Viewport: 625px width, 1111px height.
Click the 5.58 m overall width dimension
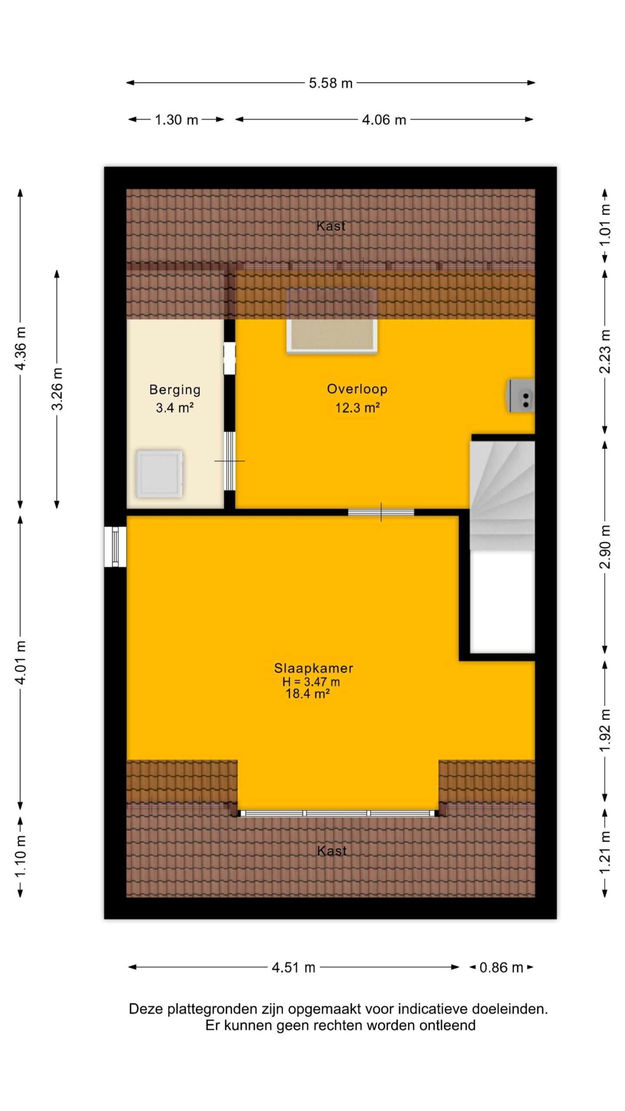click(x=330, y=83)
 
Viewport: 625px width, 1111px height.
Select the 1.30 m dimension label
click(x=176, y=120)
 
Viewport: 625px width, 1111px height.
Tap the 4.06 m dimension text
click(x=384, y=120)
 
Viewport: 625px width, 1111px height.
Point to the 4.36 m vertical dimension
click(x=20, y=348)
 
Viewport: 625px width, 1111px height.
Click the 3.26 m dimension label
click(x=57, y=389)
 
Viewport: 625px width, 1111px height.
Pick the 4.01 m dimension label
click(x=20, y=662)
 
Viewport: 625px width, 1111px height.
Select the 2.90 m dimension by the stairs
click(x=605, y=547)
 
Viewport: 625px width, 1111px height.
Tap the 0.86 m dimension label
click(x=501, y=967)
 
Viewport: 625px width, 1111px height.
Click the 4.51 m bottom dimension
click(x=293, y=967)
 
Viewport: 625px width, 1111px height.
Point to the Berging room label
click(x=175, y=390)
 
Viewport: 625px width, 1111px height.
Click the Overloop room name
click(x=357, y=389)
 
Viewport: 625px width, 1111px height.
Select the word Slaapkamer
click(x=313, y=668)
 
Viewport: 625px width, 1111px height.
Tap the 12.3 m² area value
click(x=357, y=408)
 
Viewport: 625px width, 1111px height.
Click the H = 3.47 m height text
click(x=311, y=682)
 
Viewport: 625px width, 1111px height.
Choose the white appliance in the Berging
click(x=159, y=474)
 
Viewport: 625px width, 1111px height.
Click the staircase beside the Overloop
click(x=502, y=496)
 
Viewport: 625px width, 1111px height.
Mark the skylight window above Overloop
click(x=332, y=320)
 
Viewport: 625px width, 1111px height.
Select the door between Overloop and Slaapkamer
click(x=381, y=512)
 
